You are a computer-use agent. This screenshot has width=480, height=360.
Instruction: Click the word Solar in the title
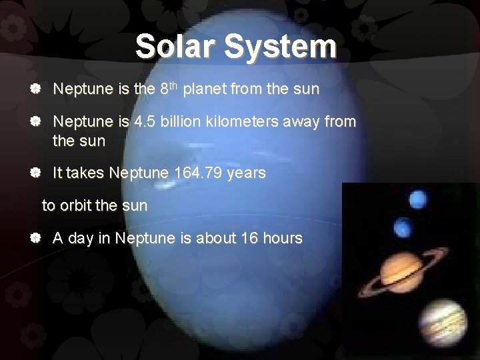tap(177, 47)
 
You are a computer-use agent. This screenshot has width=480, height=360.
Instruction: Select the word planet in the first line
tap(205, 89)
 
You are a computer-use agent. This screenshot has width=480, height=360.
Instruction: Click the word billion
tap(181, 122)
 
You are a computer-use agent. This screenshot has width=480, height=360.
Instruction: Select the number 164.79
tap(198, 173)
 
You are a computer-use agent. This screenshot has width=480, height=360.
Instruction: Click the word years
tap(246, 173)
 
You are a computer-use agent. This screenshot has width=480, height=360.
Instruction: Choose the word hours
tap(283, 238)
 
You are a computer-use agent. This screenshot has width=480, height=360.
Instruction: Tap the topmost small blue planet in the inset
tap(418, 198)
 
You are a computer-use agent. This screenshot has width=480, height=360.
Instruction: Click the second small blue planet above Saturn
tap(404, 228)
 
